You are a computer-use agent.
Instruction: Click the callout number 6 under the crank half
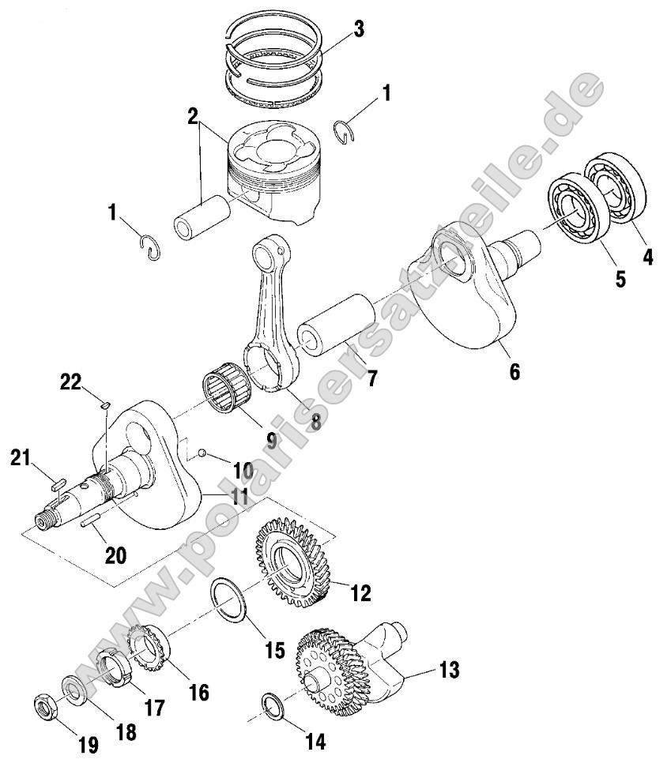(x=514, y=370)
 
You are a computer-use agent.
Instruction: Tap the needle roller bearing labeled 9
(x=224, y=390)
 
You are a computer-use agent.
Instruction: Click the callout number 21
(x=21, y=457)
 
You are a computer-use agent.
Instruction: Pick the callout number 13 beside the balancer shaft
(x=449, y=671)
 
